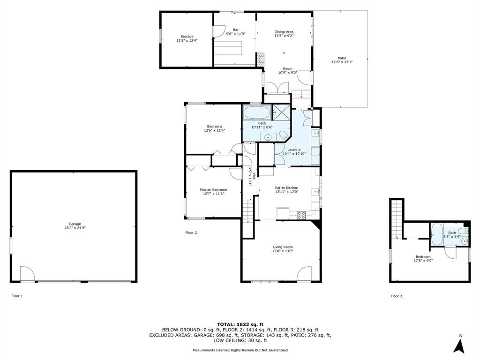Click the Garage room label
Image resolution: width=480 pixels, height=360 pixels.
coord(75,225)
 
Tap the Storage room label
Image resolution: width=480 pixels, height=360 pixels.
coord(187,38)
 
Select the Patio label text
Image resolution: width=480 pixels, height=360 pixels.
coord(342,60)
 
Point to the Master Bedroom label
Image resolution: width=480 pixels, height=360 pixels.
coord(213,191)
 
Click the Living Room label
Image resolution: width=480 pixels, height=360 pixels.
coord(283,249)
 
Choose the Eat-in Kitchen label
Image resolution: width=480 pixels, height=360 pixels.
coord(286,190)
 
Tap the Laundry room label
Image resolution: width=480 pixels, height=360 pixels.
coord(294,151)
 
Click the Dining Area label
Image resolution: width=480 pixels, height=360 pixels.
coord(284,33)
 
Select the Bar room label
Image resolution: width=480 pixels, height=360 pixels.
coord(236,31)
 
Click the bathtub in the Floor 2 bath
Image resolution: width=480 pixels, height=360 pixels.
coord(257,112)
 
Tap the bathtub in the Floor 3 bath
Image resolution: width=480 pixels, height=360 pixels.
coord(436,234)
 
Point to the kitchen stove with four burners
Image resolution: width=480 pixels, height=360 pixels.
coord(301,215)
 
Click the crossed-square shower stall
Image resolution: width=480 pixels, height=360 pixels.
coord(281,112)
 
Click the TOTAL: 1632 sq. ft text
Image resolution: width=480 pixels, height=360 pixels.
coord(240,324)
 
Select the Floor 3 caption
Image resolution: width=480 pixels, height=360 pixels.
coord(397,296)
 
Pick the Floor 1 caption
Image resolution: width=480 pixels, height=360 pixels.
coord(17,296)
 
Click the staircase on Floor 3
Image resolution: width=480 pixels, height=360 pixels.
coord(397,218)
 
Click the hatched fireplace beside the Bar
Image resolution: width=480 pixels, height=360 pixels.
coord(260,59)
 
